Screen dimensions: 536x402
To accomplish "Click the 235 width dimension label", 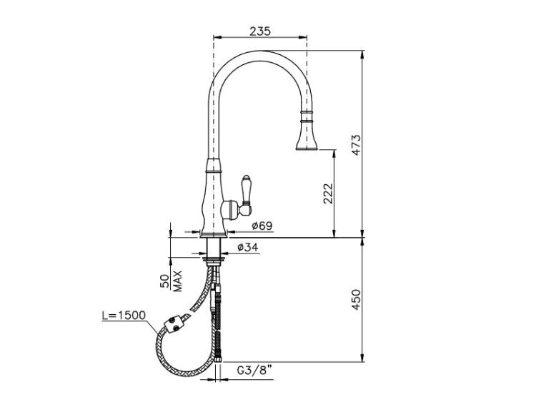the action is coord(260,31).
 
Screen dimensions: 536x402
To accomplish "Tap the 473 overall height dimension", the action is coord(356,145).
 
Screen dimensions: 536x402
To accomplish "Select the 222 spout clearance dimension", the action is coord(328,194).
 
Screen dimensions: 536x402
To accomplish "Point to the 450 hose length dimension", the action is coord(356,299).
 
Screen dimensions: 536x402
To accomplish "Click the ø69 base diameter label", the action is coord(262,226).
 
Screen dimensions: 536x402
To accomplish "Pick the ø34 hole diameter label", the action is coord(247,247).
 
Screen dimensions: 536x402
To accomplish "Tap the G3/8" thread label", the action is coord(254,370).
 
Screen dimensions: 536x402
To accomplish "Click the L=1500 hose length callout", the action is coord(124,316).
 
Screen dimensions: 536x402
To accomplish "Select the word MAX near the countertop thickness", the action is coord(177,281).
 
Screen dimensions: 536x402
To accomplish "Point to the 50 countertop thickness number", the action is coord(164,281).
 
